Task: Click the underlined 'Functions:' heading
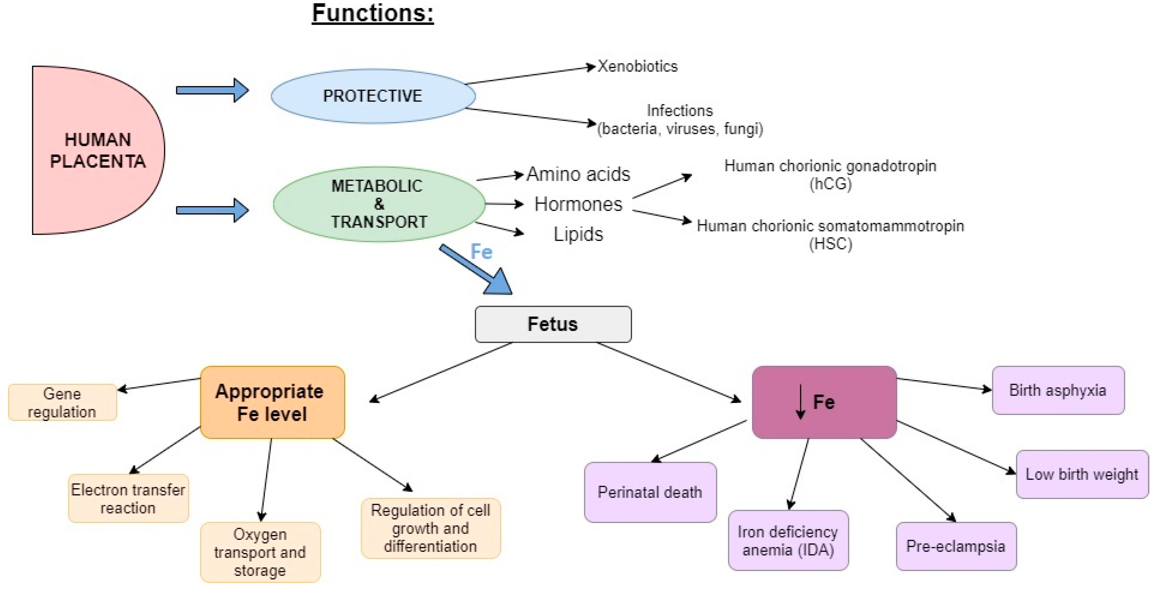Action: pos(373,13)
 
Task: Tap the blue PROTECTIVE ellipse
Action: pos(373,96)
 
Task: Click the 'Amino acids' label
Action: pos(578,174)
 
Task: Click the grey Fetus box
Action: pos(553,324)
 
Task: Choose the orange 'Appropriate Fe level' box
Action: pos(272,402)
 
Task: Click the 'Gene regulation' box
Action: pos(62,402)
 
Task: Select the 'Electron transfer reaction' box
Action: pos(128,498)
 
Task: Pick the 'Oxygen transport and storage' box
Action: pos(260,552)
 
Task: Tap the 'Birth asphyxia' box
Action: pos(1058,390)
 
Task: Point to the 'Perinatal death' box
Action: pos(650,492)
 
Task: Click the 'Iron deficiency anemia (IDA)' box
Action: pos(788,540)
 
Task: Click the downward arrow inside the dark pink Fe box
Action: pos(800,401)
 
